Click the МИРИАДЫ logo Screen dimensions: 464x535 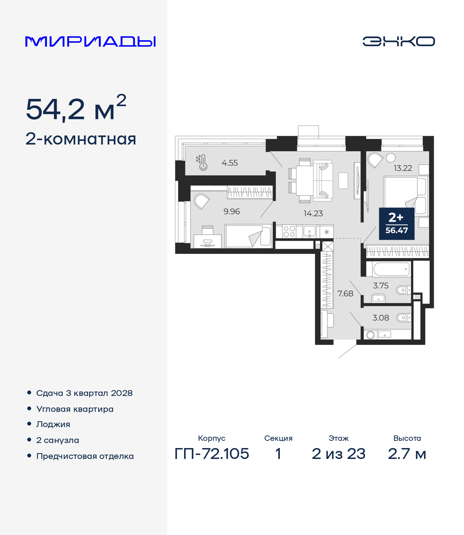point(90,41)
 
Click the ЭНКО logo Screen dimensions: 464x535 point(398,41)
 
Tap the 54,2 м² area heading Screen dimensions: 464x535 point(76,108)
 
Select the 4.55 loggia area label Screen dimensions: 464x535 point(229,163)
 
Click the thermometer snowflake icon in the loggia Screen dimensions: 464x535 point(202,163)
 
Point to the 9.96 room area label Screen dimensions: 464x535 point(232,212)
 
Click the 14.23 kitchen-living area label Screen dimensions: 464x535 point(313,214)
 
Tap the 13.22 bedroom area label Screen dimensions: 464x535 point(403,168)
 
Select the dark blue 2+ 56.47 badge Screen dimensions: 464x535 point(397,223)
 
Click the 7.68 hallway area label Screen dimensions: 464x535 point(345,293)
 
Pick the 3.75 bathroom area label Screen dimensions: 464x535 point(381,286)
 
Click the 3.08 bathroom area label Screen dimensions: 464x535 point(381,318)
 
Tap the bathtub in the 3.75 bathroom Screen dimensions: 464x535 point(391,269)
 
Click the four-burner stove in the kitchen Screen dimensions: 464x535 point(289,231)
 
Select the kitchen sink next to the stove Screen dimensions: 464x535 point(309,231)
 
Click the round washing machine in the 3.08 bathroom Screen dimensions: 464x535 point(370,335)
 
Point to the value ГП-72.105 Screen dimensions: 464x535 point(212,454)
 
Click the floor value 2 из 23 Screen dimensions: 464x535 point(338,454)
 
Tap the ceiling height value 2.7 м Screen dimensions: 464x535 point(407,454)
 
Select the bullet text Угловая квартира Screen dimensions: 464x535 point(75,409)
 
